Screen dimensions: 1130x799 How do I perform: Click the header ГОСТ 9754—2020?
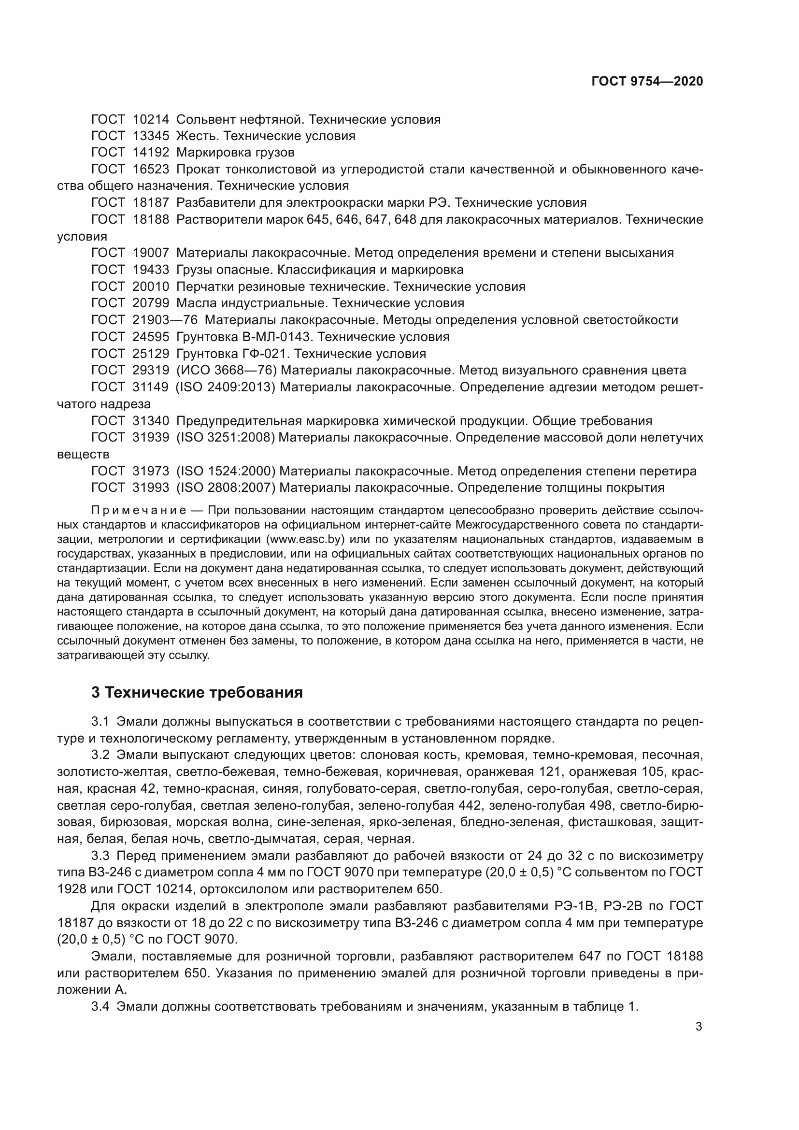(x=646, y=81)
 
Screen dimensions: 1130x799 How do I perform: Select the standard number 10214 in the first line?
(x=151, y=119)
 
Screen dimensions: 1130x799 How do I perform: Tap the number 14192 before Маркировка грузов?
(x=151, y=153)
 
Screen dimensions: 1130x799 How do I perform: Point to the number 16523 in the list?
(x=151, y=169)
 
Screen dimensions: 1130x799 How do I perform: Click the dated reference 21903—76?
(x=164, y=320)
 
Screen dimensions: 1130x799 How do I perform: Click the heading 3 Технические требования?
(x=197, y=692)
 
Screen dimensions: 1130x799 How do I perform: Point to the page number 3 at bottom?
(x=699, y=1027)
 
